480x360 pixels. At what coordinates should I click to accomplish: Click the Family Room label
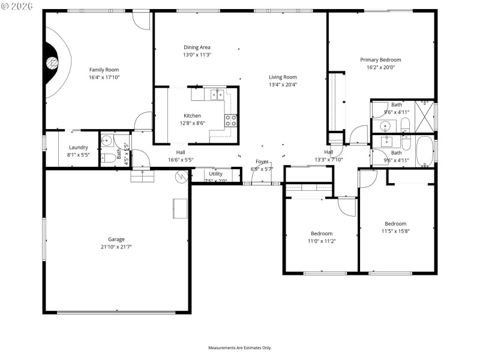[x=104, y=70]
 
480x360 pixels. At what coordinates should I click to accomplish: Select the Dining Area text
[x=197, y=47]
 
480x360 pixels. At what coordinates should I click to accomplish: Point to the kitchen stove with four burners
[x=231, y=121]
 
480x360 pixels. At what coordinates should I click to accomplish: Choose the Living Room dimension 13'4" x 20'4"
[x=283, y=85]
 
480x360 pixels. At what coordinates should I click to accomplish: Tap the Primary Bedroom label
[x=380, y=59]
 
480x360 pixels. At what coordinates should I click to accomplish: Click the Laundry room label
[x=79, y=148]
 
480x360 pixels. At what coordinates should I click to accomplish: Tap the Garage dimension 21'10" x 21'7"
[x=116, y=247]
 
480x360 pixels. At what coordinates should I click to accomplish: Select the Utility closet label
[x=215, y=173]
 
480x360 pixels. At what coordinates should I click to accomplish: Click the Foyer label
[x=262, y=161]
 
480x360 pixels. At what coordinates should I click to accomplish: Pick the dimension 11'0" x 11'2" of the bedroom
[x=322, y=241]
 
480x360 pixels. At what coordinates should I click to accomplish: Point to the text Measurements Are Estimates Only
[x=240, y=348]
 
